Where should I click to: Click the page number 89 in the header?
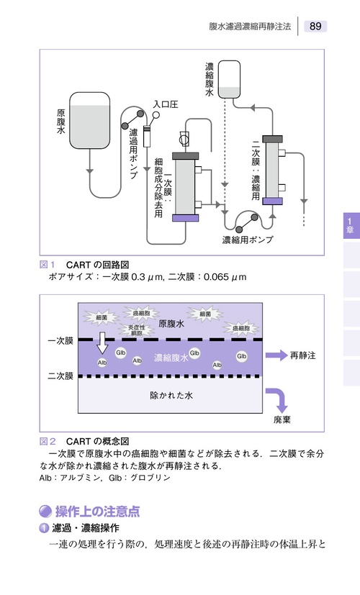(315, 26)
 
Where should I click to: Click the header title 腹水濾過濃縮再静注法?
(250, 27)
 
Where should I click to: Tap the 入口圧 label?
(165, 104)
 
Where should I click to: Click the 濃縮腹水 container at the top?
(229, 79)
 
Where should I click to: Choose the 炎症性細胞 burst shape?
(135, 330)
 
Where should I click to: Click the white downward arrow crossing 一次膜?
(103, 342)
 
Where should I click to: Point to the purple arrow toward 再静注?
(275, 355)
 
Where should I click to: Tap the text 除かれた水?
(171, 395)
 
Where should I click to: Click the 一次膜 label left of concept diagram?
(60, 340)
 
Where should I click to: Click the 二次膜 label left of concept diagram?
(60, 376)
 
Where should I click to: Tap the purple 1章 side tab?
(349, 225)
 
